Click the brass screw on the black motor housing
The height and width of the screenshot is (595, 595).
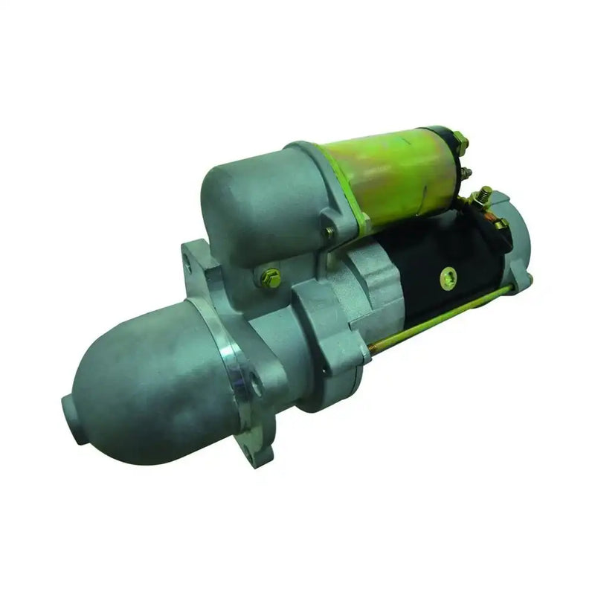click(448, 279)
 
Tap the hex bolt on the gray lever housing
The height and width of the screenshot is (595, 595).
click(271, 278)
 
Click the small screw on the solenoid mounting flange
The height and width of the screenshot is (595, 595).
click(329, 232)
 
